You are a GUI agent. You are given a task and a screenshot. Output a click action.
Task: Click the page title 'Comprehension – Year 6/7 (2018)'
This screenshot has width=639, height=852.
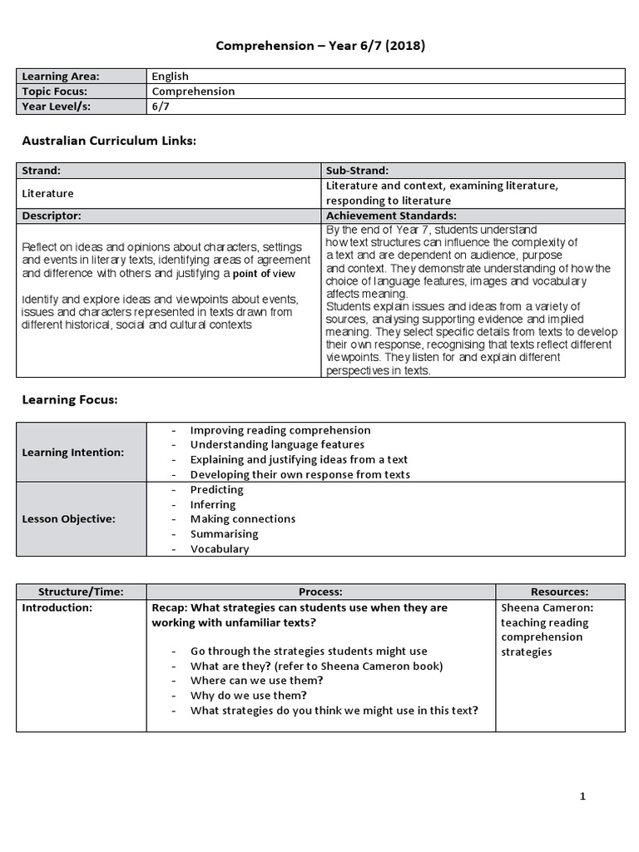pyautogui.click(x=320, y=47)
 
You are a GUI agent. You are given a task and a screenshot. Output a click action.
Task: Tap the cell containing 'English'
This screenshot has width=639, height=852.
pyautogui.click(x=170, y=77)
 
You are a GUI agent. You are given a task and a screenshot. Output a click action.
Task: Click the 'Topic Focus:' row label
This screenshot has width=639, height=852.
pyautogui.click(x=55, y=92)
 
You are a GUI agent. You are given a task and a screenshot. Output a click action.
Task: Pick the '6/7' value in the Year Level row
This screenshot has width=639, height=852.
pyautogui.click(x=160, y=106)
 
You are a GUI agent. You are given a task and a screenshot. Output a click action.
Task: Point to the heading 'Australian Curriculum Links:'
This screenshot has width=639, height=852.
pyautogui.click(x=108, y=141)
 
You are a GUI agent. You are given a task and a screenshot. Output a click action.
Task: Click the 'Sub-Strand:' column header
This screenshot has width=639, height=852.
pyautogui.click(x=358, y=171)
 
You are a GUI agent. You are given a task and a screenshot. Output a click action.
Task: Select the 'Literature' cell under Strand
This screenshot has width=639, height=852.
pyautogui.click(x=47, y=193)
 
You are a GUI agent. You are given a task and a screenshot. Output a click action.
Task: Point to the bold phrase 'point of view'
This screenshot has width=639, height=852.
pyautogui.click(x=263, y=274)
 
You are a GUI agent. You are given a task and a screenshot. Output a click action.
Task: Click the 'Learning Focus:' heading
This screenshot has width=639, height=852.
pyautogui.click(x=69, y=400)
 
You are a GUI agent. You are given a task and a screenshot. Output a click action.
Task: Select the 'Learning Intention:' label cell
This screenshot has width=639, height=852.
pyautogui.click(x=73, y=452)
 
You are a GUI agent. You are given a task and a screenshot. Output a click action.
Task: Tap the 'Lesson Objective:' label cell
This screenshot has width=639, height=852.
pyautogui.click(x=69, y=518)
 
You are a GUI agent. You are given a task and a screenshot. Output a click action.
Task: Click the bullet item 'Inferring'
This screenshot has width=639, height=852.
pyautogui.click(x=213, y=504)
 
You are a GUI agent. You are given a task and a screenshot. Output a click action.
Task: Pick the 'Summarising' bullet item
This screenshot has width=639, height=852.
pyautogui.click(x=224, y=533)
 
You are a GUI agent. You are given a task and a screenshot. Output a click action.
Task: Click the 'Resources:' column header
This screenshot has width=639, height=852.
pyautogui.click(x=559, y=592)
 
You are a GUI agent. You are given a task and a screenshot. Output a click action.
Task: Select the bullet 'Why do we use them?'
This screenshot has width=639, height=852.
pyautogui.click(x=248, y=695)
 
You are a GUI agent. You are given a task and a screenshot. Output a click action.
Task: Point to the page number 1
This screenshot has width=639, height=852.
pyautogui.click(x=582, y=796)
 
